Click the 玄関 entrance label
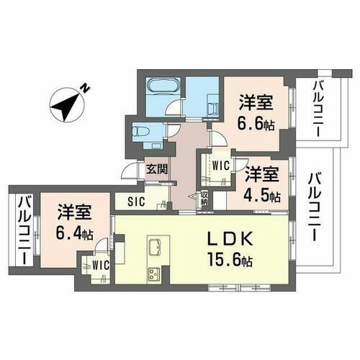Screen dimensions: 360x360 coord(158,171)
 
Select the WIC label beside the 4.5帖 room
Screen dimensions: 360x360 coord(220,165)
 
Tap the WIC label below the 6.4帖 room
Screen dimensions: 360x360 coord(100,265)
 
